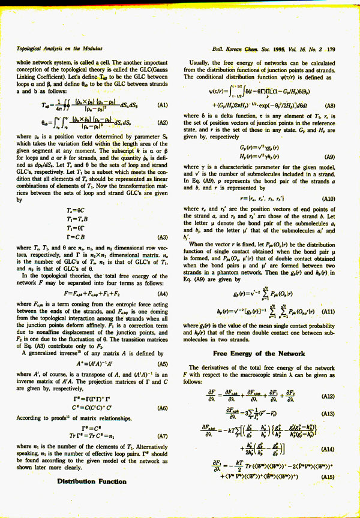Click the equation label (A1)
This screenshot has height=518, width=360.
pyautogui.click(x=162, y=105)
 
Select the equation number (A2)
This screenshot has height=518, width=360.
pyautogui.click(x=162, y=122)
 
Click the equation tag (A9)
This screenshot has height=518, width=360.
pyautogui.click(x=328, y=156)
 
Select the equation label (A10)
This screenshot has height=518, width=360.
pyautogui.click(x=328, y=198)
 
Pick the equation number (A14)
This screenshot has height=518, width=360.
pyautogui.click(x=328, y=448)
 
